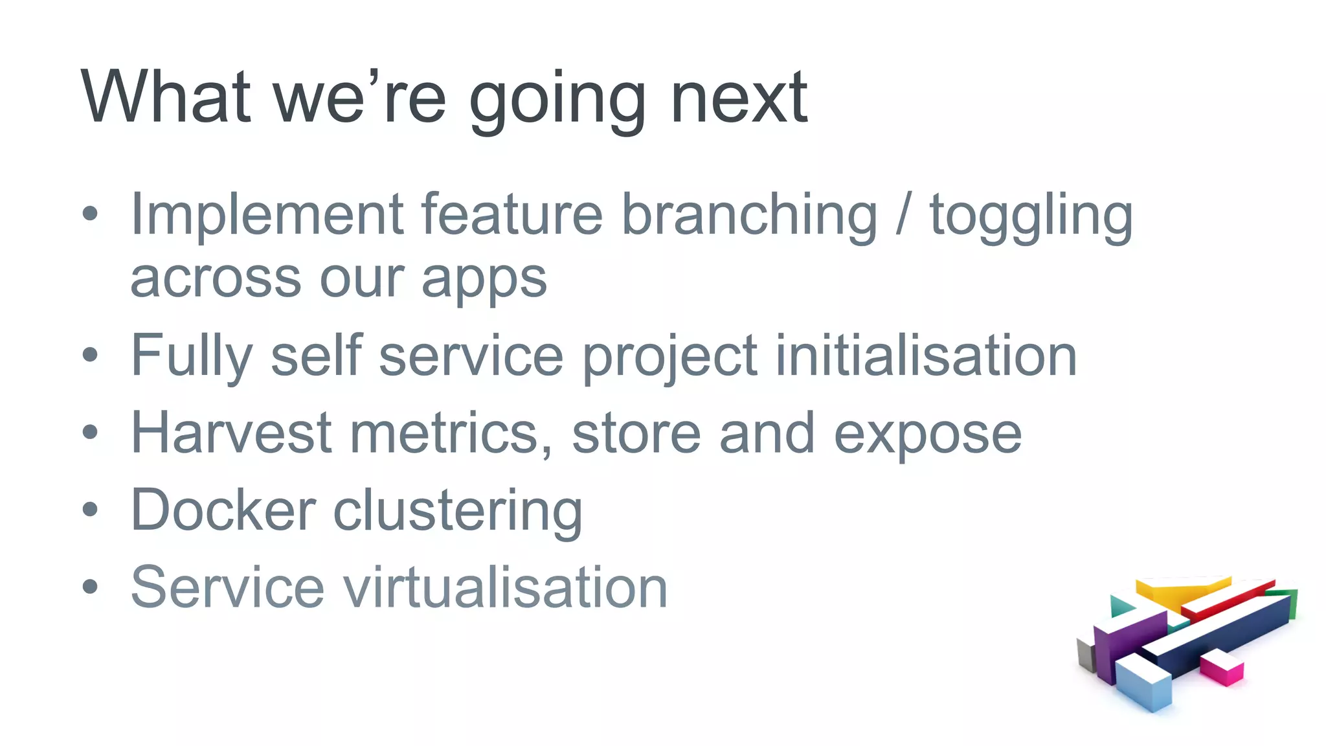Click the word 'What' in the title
pyautogui.click(x=165, y=97)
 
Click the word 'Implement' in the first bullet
pyautogui.click(x=267, y=215)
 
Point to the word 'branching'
pyautogui.click(x=749, y=215)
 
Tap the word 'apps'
pyautogui.click(x=484, y=280)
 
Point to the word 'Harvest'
pyautogui.click(x=231, y=433)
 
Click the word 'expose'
pyautogui.click(x=927, y=435)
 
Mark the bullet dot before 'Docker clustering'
pyautogui.click(x=91, y=510)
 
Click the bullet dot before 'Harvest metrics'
pyautogui.click(x=91, y=433)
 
